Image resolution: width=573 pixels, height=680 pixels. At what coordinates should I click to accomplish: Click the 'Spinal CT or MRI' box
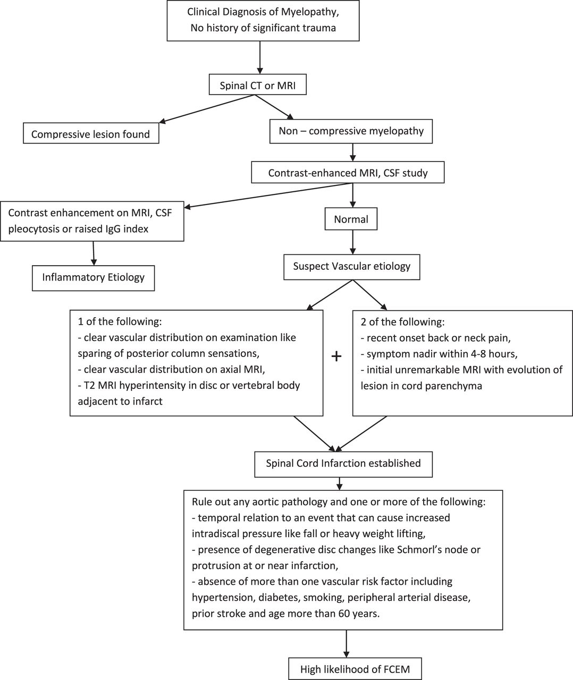point(257,85)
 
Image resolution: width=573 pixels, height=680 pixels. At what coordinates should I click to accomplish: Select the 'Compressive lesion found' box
point(91,133)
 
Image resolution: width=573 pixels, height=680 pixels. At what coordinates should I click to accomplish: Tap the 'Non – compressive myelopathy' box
point(351,131)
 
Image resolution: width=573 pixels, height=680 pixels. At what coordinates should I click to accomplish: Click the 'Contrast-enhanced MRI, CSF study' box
point(348,172)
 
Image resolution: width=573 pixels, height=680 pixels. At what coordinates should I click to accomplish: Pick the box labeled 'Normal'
point(351,219)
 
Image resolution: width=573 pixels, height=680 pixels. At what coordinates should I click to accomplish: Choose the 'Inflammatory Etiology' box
point(93,278)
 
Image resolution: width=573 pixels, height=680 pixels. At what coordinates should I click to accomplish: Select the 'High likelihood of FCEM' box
point(355,669)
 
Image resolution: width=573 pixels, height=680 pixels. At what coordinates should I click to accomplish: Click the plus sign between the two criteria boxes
point(336,356)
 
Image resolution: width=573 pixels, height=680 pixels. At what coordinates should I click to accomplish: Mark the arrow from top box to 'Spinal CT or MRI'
point(260,58)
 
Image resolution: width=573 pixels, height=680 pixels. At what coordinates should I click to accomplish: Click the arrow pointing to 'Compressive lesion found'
point(207,109)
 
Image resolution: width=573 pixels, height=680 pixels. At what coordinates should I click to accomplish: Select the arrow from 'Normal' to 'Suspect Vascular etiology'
point(352,242)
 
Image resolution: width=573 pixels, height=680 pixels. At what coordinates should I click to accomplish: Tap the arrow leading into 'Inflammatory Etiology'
point(94,253)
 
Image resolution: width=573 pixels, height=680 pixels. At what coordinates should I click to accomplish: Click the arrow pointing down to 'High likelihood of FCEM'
point(346,643)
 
